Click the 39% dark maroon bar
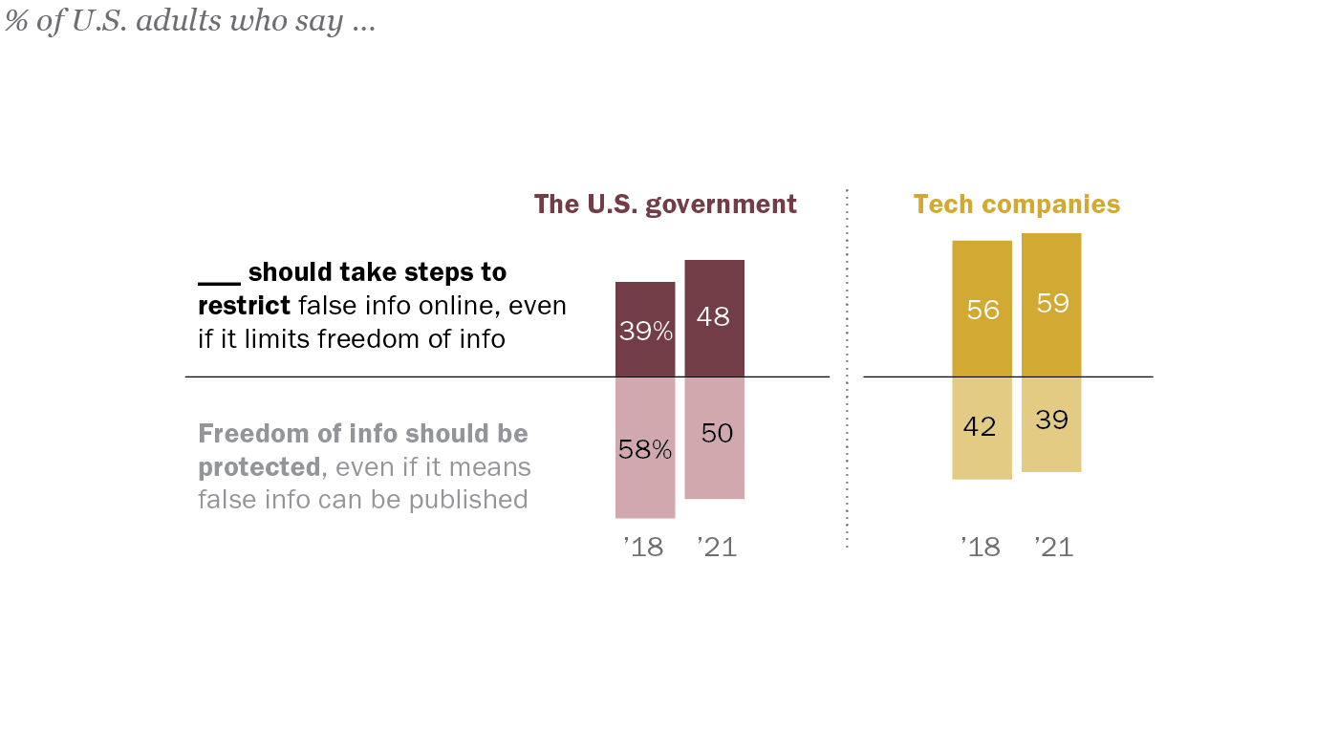point(645,329)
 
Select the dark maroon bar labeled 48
point(714,317)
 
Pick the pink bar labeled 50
point(714,438)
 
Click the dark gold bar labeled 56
point(982,309)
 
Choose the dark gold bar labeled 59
point(1051,304)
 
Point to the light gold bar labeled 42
point(982,427)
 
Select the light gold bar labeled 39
point(1051,423)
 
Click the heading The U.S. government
point(665,205)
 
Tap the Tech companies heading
point(1016,205)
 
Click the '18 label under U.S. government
point(643,548)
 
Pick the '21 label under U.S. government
point(717,548)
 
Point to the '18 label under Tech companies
point(981,548)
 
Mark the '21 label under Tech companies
point(1053,548)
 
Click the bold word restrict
point(244,306)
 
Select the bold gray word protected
point(258,467)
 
